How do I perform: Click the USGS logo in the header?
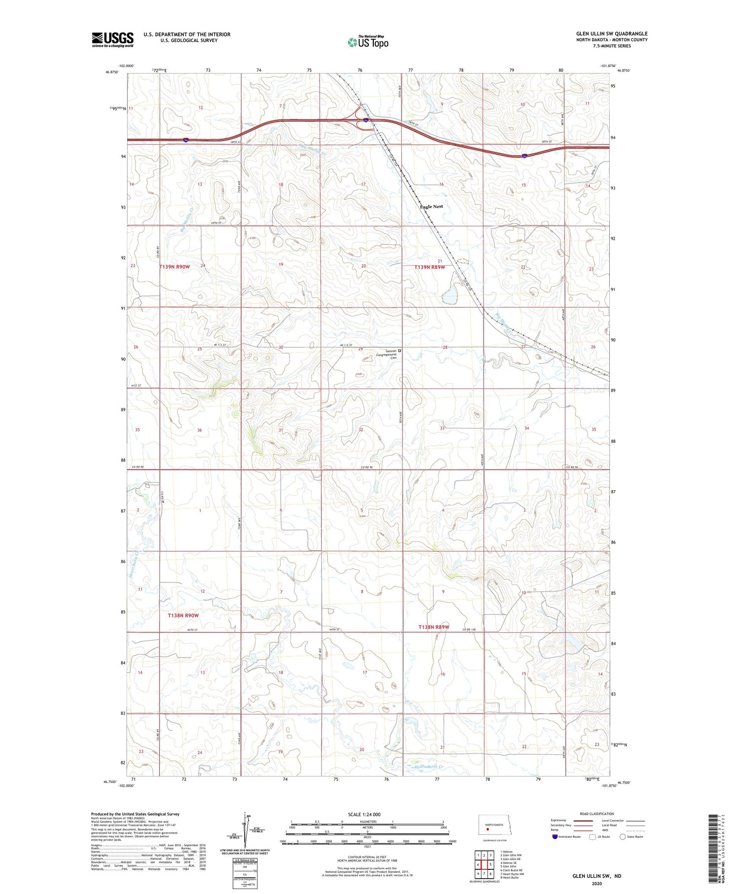click(112, 39)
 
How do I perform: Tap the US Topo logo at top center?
click(368, 42)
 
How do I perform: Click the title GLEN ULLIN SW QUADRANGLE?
click(612, 34)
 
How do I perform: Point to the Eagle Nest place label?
click(431, 207)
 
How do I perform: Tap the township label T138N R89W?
click(434, 627)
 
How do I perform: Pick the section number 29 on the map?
click(361, 349)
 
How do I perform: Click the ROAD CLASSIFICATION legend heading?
click(597, 814)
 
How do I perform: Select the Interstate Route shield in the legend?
click(555, 836)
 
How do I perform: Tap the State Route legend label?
click(636, 836)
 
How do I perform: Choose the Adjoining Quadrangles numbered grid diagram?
click(484, 864)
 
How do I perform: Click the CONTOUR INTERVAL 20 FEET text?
click(368, 858)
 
